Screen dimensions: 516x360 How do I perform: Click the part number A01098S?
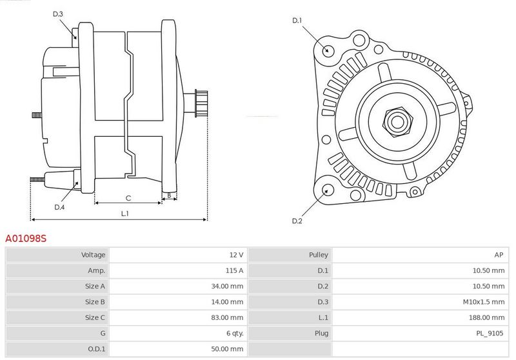[x=26, y=238]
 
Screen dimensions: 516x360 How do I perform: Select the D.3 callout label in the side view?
[x=57, y=14]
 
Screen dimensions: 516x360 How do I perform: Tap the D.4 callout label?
[x=59, y=207]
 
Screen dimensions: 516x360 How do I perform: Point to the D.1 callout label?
[x=297, y=21]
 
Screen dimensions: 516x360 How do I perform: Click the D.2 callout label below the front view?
[x=297, y=221]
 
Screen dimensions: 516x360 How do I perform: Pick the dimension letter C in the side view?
[x=128, y=198]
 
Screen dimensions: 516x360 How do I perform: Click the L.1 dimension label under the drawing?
[x=124, y=214]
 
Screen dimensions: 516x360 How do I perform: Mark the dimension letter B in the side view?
[x=169, y=195]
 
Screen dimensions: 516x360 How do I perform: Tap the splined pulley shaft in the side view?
[x=201, y=103]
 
